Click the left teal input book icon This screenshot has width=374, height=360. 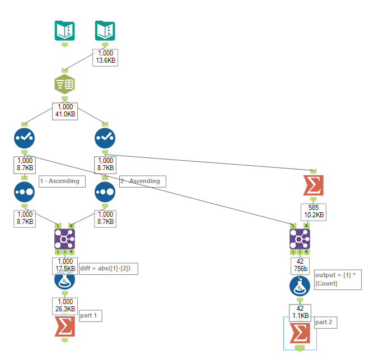(64, 30)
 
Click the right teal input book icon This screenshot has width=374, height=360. (105, 30)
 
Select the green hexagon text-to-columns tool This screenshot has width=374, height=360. (64, 84)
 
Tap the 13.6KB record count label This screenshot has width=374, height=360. (105, 58)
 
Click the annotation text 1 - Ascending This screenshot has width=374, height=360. (59, 181)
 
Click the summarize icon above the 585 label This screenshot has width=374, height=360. (314, 185)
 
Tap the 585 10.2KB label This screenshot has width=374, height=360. (314, 211)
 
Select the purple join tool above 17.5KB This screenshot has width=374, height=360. (64, 240)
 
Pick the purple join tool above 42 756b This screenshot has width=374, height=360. (300, 240)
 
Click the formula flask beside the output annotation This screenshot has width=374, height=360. (300, 286)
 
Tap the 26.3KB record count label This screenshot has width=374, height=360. (64, 305)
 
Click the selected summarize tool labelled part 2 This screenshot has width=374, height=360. (300, 334)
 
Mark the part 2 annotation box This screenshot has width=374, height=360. (325, 322)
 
